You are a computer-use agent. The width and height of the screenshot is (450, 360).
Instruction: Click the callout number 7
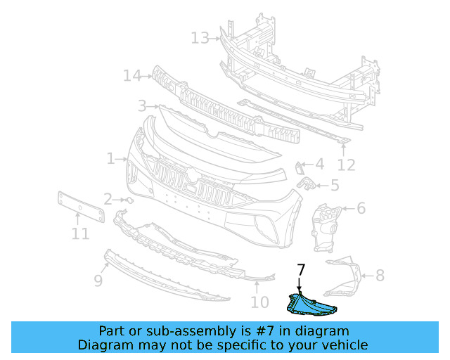pyautogui.click(x=301, y=269)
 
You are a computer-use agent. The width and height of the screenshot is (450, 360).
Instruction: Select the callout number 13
pyautogui.click(x=200, y=37)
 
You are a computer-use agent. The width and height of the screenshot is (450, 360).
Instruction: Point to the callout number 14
pyautogui.click(x=132, y=75)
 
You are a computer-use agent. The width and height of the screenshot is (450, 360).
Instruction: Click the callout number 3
pyautogui.click(x=142, y=106)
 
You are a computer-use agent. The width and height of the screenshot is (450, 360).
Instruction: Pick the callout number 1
pyautogui.click(x=110, y=159)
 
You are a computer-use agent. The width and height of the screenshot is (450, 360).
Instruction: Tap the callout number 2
pyautogui.click(x=107, y=199)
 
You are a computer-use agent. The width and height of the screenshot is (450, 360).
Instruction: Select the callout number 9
pyautogui.click(x=98, y=281)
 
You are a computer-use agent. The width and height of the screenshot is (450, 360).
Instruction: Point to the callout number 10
pyautogui.click(x=259, y=302)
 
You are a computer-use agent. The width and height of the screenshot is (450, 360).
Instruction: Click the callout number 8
pyautogui.click(x=380, y=275)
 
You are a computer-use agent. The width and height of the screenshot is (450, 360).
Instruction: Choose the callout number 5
pyautogui.click(x=334, y=186)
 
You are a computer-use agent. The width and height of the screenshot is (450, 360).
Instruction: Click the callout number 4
pyautogui.click(x=319, y=165)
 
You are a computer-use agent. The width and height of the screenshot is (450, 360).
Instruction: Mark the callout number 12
pyautogui.click(x=346, y=165)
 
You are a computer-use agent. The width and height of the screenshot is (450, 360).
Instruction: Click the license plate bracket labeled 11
pyautogui.click(x=79, y=206)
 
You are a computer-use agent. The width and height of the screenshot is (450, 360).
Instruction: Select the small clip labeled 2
pyautogui.click(x=128, y=200)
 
